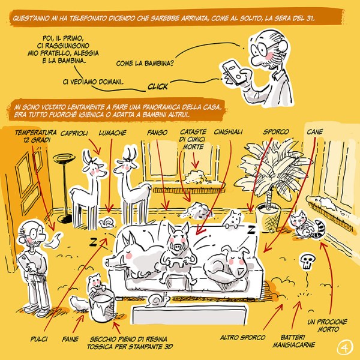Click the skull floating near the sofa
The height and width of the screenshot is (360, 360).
[x=307, y=262]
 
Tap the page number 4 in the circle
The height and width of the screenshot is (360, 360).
[x=345, y=348]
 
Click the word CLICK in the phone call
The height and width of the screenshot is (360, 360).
[x=158, y=86]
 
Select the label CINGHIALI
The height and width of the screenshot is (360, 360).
[x=228, y=132]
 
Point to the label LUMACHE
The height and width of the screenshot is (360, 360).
[x=113, y=133]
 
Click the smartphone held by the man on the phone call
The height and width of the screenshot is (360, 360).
[x=233, y=72]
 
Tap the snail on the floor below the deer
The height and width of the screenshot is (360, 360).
[x=106, y=222]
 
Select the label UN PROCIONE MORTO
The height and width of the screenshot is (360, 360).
[x=327, y=326]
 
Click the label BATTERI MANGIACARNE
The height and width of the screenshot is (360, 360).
[x=293, y=341]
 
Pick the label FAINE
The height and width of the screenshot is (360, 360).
[x=70, y=339]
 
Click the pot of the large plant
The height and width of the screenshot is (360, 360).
[x=268, y=215]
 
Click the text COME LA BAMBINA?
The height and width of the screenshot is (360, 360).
[x=145, y=64]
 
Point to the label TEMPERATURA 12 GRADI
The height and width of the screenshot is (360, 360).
[x=36, y=136]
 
